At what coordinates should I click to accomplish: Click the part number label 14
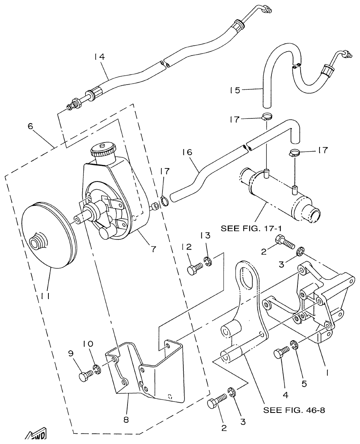(x=99, y=57)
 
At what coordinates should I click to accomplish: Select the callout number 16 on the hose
(x=187, y=152)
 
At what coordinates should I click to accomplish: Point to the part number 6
(x=30, y=126)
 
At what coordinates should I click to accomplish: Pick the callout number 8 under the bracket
(x=126, y=420)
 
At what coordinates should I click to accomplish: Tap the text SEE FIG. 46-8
(x=294, y=410)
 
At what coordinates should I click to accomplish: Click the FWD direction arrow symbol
(x=38, y=435)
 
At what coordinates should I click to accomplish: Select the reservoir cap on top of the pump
(x=102, y=150)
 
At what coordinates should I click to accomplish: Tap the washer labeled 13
(x=207, y=261)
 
